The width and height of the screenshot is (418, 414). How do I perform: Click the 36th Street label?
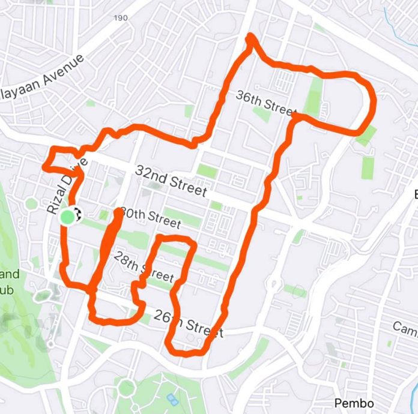pyautogui.click(x=267, y=104)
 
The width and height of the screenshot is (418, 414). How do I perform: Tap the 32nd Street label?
pyautogui.click(x=172, y=181)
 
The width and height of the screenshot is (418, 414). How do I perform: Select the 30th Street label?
pyautogui.click(x=150, y=217)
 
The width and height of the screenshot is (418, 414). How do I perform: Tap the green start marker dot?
pyautogui.click(x=68, y=216)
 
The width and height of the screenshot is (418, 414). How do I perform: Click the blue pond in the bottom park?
pyautogui.click(x=173, y=399)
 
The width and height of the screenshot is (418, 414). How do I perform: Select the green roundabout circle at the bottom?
pyautogui.click(x=126, y=388)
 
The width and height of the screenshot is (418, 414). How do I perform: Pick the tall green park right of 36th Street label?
pyautogui.click(x=314, y=96)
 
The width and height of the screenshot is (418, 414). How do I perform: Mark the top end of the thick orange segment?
pyautogui.click(x=118, y=213)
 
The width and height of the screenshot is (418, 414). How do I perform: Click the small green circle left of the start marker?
pyautogui.click(x=31, y=203)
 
